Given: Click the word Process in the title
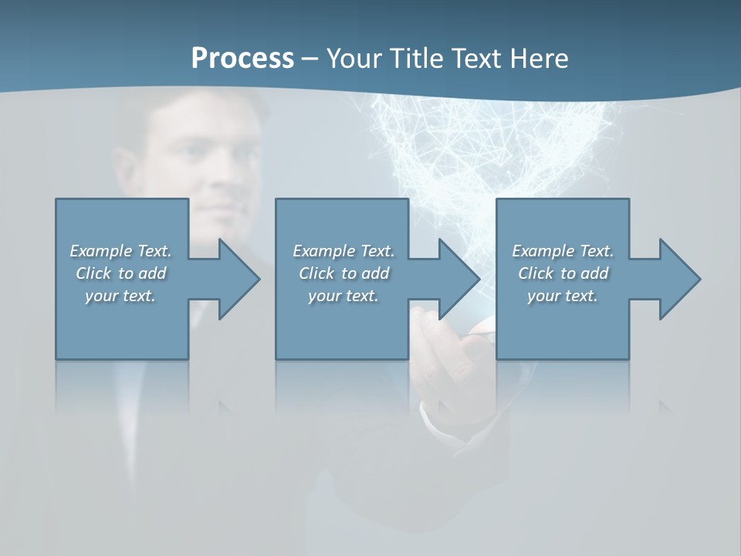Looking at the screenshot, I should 242,59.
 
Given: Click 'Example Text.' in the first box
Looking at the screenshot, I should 120,251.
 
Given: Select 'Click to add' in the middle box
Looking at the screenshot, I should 343,273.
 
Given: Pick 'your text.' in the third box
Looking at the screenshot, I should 562,296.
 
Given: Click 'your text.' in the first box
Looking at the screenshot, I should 120,296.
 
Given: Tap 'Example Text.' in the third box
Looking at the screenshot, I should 562,251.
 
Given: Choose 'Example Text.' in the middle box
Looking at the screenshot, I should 343,251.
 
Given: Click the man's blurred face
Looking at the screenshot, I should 193,154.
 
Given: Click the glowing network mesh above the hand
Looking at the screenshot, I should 494,147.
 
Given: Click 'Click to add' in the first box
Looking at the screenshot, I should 120,273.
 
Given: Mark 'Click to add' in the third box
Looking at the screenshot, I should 562,273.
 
